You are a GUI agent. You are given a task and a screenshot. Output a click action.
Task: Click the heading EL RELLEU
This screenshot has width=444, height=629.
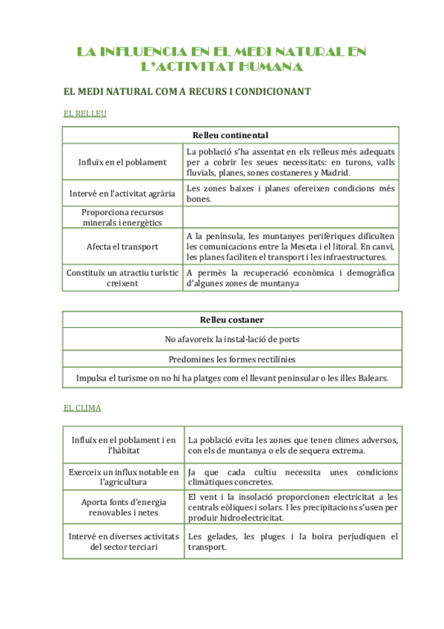pos(85,113)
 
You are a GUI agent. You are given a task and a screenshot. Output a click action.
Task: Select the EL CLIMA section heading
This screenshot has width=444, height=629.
pos(82,408)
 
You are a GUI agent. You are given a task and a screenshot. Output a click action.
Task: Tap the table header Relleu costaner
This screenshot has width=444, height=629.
pos(232,320)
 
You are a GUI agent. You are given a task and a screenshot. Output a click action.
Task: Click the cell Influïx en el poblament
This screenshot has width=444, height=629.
pos(122,162)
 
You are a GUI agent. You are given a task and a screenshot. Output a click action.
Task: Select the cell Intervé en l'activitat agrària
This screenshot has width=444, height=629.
pos(122,194)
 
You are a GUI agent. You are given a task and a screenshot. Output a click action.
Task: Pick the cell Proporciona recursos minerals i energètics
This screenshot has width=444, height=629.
pos(122,217)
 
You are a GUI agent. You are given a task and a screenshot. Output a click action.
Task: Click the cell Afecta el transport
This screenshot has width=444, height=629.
pos(122,246)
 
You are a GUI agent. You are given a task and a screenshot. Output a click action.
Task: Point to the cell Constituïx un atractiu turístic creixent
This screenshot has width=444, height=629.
pos(122,277)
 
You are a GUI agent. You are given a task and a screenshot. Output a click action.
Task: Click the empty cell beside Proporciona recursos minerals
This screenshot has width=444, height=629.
pos(291,217)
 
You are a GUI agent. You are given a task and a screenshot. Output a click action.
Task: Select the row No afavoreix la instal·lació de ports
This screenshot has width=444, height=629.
pos(232,339)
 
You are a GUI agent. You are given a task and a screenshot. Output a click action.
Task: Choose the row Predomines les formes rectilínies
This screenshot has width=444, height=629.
pos(232,358)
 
